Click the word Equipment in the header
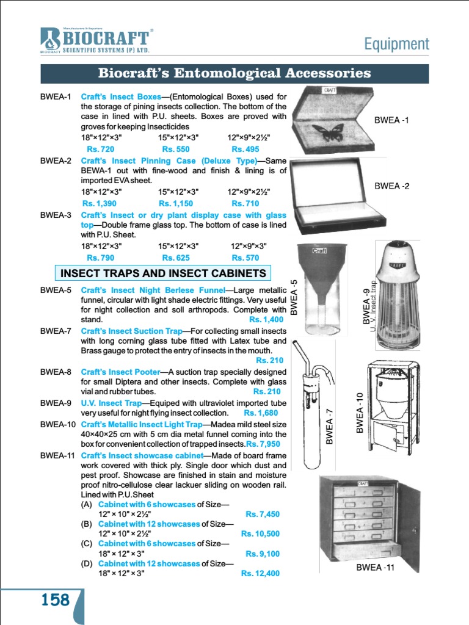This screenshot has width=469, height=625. click(x=396, y=44)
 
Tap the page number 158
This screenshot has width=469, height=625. click(x=56, y=600)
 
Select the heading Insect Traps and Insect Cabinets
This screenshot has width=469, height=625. click(x=163, y=272)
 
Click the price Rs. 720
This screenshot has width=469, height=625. click(x=100, y=149)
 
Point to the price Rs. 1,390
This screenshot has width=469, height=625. click(x=99, y=203)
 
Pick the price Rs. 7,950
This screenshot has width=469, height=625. click(x=263, y=444)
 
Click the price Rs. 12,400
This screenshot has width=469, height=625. click(x=260, y=573)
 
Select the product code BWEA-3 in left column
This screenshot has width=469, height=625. click(x=56, y=215)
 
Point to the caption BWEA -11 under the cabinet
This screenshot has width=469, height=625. click(x=376, y=568)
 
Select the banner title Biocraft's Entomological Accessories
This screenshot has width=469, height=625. click(x=234, y=73)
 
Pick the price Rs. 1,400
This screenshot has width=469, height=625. click(x=266, y=319)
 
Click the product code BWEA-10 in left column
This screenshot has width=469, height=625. click(x=57, y=424)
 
